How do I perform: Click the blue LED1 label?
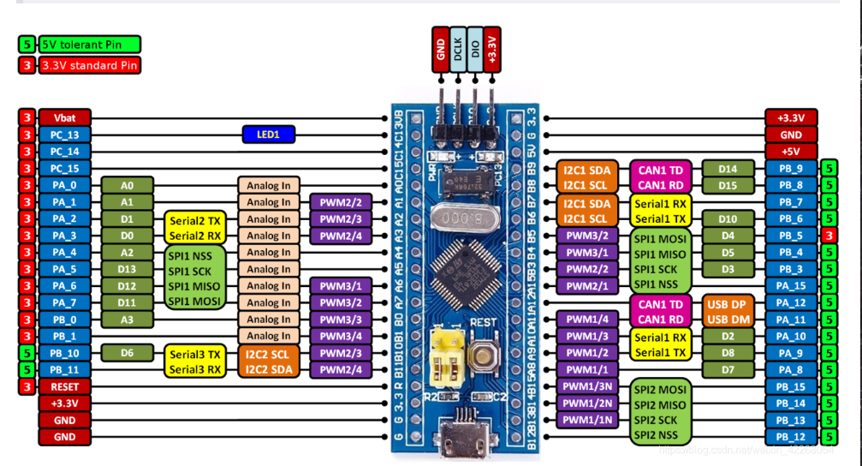point(268,134)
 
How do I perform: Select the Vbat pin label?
point(64,117)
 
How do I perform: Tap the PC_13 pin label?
point(64,134)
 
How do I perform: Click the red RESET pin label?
point(64,386)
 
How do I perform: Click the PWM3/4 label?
point(341,337)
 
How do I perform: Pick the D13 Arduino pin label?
point(127,269)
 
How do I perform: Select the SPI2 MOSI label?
point(661,387)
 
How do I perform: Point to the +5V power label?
point(791,151)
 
